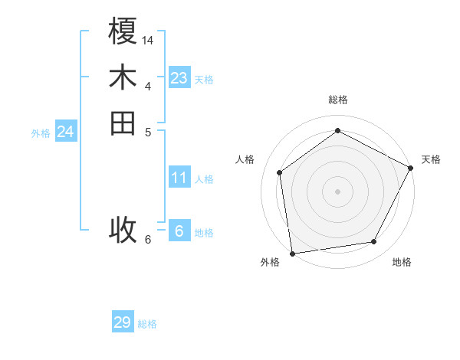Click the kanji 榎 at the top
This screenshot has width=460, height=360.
pyautogui.click(x=123, y=34)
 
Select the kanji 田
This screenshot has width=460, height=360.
pyautogui.click(x=123, y=123)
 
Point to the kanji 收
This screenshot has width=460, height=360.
pyautogui.click(x=123, y=229)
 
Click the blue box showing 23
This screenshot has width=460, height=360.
pyautogui.click(x=179, y=78)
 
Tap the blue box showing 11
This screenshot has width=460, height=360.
pyautogui.click(x=179, y=178)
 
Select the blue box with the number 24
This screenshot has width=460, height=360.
pyautogui.click(x=66, y=132)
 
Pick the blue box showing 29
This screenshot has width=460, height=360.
pyautogui.click(x=123, y=322)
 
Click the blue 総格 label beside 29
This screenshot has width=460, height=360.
pyautogui.click(x=147, y=324)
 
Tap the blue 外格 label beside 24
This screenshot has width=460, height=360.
pyautogui.click(x=41, y=133)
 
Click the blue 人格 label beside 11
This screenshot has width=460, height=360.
pyautogui.click(x=204, y=179)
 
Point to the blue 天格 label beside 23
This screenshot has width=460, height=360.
pyautogui.click(x=204, y=80)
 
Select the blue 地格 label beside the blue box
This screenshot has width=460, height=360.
pyautogui.click(x=204, y=233)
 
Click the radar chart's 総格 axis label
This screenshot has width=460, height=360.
pyautogui.click(x=337, y=100)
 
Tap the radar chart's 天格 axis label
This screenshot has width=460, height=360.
pyautogui.click(x=431, y=159)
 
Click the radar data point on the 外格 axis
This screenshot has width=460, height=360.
pyautogui.click(x=292, y=253)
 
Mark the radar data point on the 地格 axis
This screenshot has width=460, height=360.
pyautogui.click(x=374, y=242)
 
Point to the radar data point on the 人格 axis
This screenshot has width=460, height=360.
pyautogui.click(x=280, y=172)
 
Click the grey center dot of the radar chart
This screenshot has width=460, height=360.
pyautogui.click(x=337, y=191)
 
